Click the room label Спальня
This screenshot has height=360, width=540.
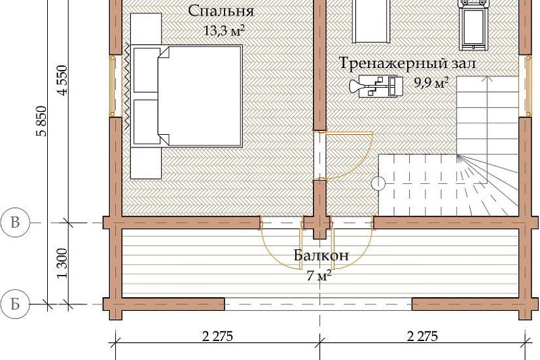221,11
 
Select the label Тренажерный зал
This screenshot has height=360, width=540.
406,63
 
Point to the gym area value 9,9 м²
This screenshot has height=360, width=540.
431,83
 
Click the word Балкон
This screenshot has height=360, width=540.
321,256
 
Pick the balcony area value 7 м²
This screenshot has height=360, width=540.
319,276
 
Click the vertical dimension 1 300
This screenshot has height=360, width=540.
63,266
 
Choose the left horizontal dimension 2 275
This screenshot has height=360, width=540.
217,337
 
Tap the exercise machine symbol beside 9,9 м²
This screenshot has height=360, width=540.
376,86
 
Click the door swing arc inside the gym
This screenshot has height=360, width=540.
353,157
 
